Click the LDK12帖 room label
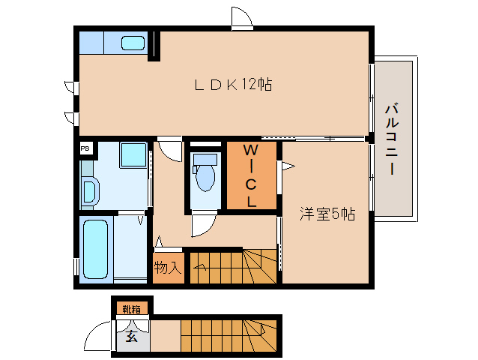(232, 85)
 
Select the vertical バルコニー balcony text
(390, 139)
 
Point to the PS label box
(85, 148)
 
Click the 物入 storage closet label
(167, 268)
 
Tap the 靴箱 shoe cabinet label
(131, 309)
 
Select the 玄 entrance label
(132, 336)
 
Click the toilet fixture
(204, 175)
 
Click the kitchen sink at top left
(133, 43)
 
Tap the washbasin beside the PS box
(89, 192)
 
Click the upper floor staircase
(232, 266)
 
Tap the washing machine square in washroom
(133, 156)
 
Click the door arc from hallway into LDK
(171, 149)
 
